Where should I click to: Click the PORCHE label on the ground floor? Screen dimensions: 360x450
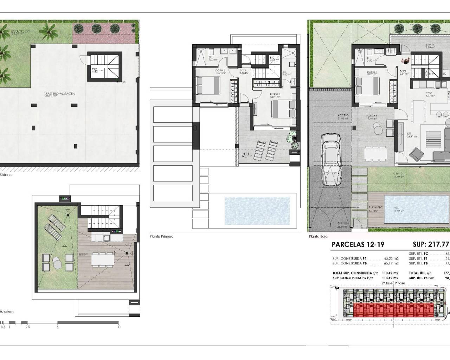click(372, 116)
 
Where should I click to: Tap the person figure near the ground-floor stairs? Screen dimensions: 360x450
click(406, 61)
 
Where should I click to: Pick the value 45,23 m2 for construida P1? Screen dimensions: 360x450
click(391, 258)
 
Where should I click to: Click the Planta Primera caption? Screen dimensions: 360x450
click(161, 236)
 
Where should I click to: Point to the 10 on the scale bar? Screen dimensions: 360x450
click(119, 327)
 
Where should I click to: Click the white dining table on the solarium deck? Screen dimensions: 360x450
click(102, 259)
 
